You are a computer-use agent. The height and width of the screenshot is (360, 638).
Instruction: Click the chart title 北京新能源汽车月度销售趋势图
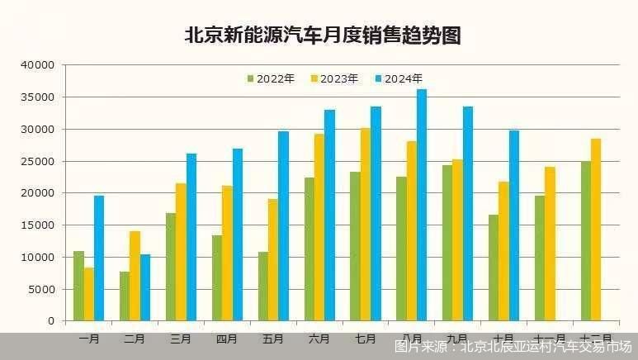(x=322, y=35)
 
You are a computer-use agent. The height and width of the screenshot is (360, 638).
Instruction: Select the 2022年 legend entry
(x=271, y=79)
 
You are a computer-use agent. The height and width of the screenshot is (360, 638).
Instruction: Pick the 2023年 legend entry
(x=334, y=79)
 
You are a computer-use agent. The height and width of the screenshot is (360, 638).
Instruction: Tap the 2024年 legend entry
(x=398, y=79)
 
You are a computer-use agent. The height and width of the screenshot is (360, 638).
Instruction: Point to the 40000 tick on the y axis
(x=39, y=64)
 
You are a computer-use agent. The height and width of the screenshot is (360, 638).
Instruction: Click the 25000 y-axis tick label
(x=39, y=161)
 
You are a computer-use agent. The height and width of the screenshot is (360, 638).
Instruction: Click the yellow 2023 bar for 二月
(x=135, y=276)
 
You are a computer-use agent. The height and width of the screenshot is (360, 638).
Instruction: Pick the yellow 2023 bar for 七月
(x=365, y=224)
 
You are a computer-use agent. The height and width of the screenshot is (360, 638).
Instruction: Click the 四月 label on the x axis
(x=226, y=339)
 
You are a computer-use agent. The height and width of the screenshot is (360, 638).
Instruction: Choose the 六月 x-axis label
(x=319, y=339)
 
